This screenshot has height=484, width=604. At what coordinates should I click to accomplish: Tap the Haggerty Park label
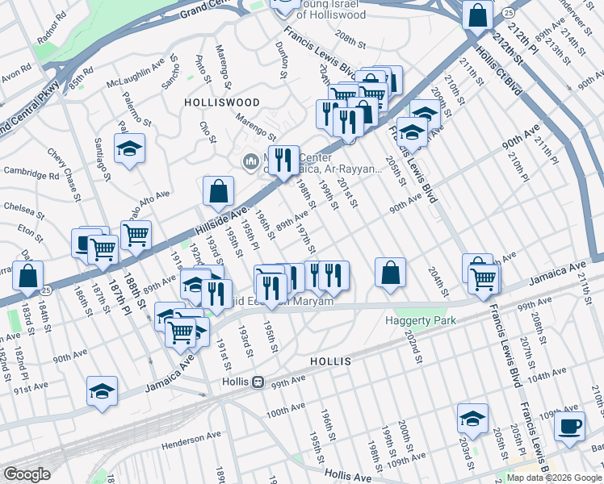pos(425,320)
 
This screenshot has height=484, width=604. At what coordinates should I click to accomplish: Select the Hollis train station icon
pos(258,382)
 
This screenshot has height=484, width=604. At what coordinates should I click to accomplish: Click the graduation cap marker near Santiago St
pos(129,149)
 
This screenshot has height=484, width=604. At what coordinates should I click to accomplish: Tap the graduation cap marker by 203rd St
pos(472,419)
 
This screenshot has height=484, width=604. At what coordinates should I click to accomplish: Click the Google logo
pos(27,474)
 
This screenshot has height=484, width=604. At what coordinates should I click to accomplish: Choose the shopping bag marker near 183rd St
pos(27,275)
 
